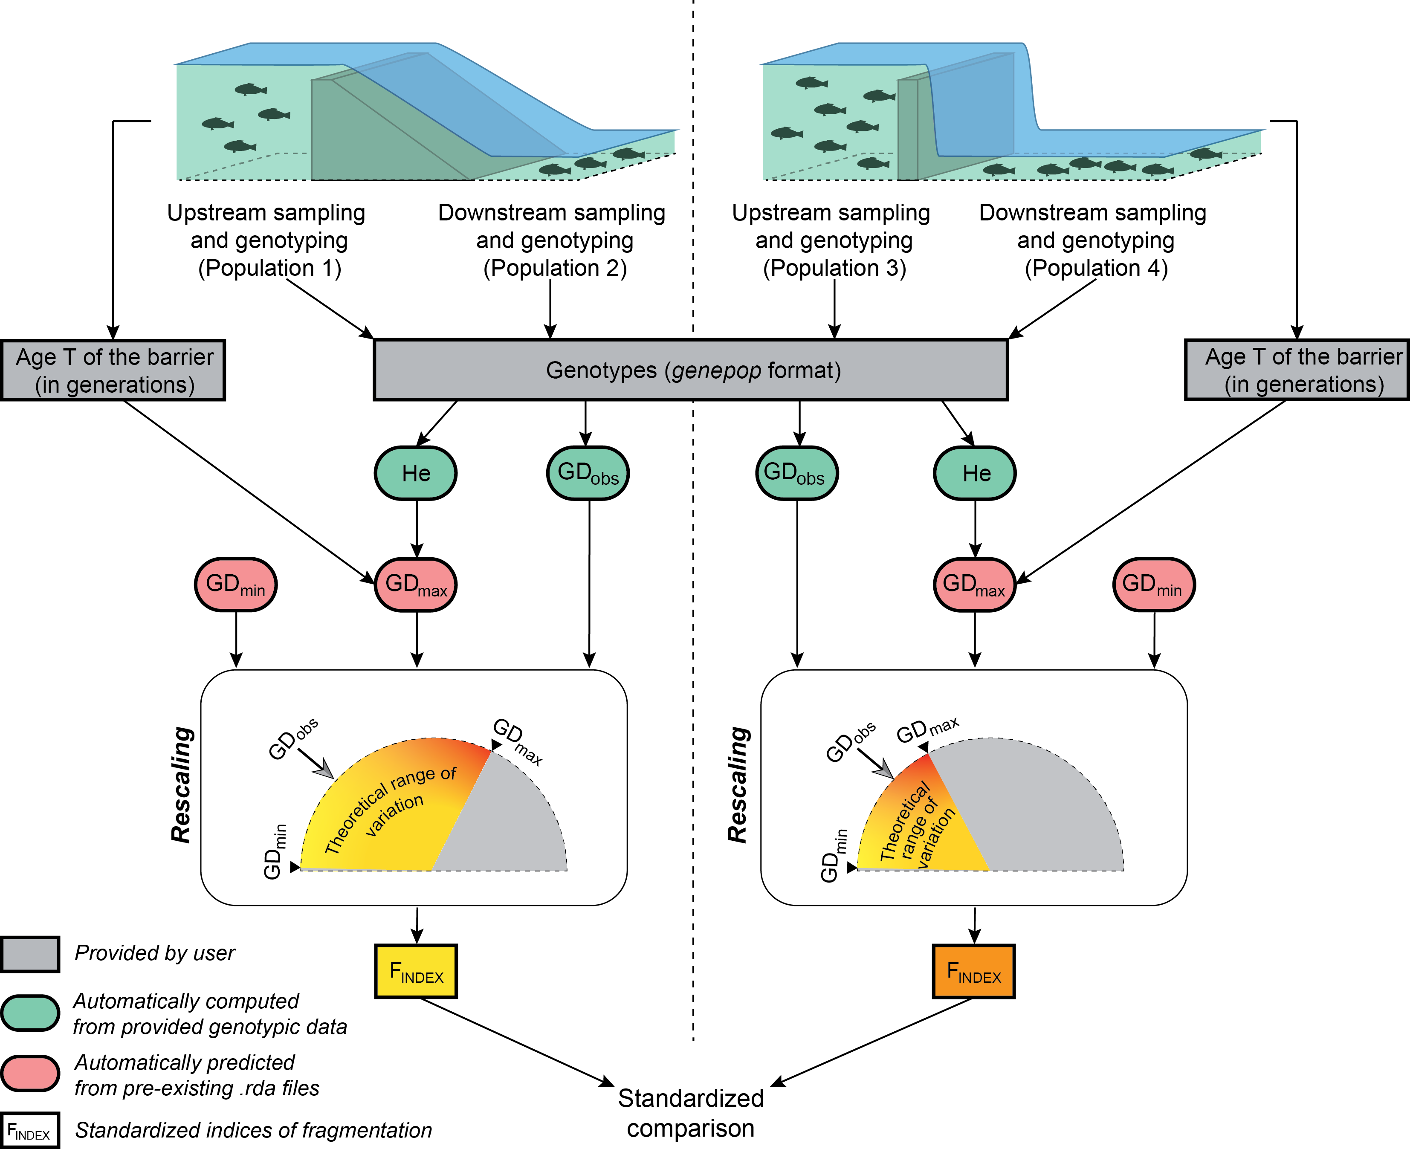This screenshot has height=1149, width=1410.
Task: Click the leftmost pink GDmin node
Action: (x=236, y=585)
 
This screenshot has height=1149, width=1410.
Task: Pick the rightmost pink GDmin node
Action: (x=1154, y=585)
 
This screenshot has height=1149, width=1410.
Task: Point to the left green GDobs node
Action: (x=588, y=473)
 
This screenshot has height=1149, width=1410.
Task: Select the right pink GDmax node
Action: (x=974, y=585)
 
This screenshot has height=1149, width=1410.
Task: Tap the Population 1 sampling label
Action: (x=268, y=240)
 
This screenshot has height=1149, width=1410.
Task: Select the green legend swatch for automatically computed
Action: (x=30, y=1013)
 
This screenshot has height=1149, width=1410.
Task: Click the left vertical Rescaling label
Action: (x=181, y=785)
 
